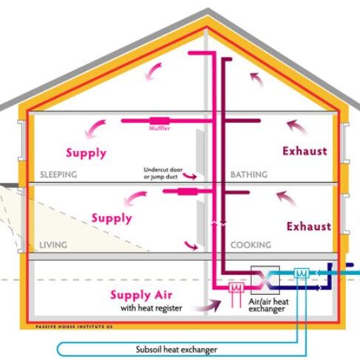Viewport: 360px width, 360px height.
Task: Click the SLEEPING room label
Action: tap(59, 175)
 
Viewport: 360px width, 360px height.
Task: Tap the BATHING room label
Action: tap(249, 175)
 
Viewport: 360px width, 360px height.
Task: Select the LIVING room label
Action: tap(53, 245)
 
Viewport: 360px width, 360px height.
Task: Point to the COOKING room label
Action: tap(251, 245)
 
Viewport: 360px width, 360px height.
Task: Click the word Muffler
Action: tap(160, 128)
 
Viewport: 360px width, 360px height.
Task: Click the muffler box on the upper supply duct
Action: tap(160, 121)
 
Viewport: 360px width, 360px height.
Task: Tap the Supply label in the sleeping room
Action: tap(86, 153)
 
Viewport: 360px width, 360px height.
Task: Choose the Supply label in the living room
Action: tap(112, 219)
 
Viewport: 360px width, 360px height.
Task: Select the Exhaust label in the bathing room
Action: tap(305, 151)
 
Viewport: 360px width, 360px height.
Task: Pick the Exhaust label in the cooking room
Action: tap(309, 227)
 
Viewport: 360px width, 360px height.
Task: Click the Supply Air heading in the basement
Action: tap(141, 295)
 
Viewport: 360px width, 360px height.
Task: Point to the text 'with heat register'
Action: tap(151, 308)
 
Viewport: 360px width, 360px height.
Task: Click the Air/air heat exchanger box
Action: tap(265, 280)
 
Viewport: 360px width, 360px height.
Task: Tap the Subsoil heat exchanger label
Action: tap(176, 350)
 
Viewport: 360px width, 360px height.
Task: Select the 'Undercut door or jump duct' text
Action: tap(163, 173)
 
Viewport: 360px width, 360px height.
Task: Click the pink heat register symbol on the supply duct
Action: tap(236, 287)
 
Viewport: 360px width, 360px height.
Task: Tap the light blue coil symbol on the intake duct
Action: tap(301, 273)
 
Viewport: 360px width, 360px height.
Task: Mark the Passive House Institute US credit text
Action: tap(74, 327)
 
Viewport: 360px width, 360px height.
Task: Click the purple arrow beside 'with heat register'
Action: tap(208, 306)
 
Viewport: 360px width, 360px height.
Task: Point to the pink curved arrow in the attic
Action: tap(153, 72)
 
